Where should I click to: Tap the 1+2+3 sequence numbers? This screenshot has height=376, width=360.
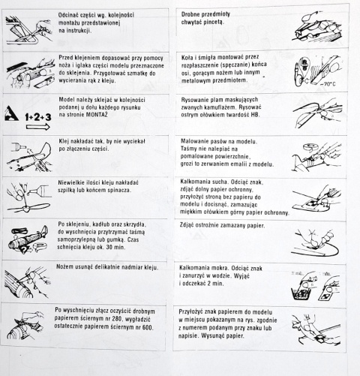point(38,117)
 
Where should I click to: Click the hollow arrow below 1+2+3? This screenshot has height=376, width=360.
point(38,127)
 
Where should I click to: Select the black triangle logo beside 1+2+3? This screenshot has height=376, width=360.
point(11,113)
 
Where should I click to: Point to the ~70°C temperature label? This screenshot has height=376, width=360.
point(328,84)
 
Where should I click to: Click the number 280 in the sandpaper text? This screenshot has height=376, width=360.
point(118,319)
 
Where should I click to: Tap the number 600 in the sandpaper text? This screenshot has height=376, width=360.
point(147,327)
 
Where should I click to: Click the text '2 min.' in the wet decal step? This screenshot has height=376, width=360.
point(215,284)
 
